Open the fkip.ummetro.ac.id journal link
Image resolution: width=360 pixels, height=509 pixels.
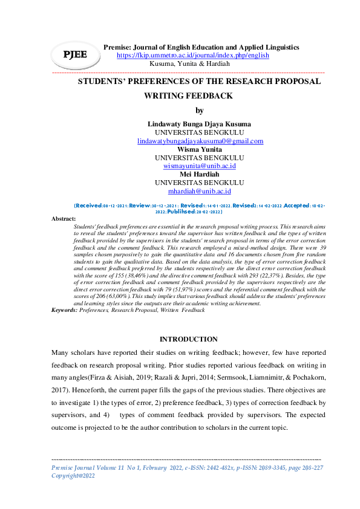coord(192,55)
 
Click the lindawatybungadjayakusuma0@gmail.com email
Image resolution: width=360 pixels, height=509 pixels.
coord(200,141)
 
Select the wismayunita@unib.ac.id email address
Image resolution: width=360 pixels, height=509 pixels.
coord(200,166)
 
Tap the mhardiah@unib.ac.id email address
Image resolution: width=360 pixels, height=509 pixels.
coord(200,191)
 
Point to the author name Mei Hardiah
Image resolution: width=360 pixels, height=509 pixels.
coord(200,174)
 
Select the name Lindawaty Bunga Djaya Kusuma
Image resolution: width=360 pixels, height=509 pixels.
coord(200,124)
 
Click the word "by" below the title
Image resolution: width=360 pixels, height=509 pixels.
coord(200,110)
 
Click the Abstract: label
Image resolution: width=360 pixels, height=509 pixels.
coord(64,218)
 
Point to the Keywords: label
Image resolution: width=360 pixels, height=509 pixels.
coord(65,310)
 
